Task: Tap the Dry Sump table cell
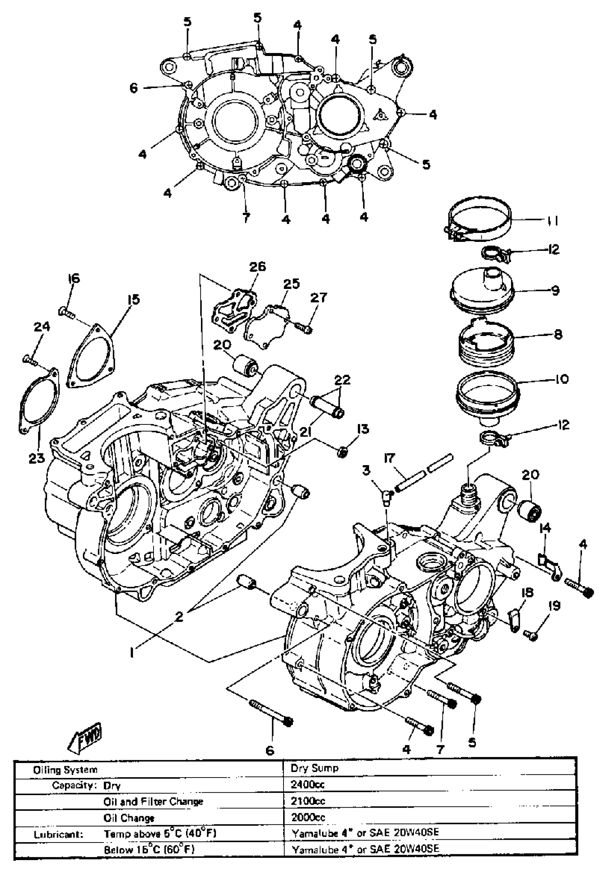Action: click(x=314, y=768)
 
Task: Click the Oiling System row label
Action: click(x=65, y=770)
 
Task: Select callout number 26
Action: click(x=257, y=266)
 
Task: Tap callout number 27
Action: click(x=318, y=297)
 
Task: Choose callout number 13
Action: click(x=363, y=429)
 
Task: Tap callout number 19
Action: click(x=554, y=606)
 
